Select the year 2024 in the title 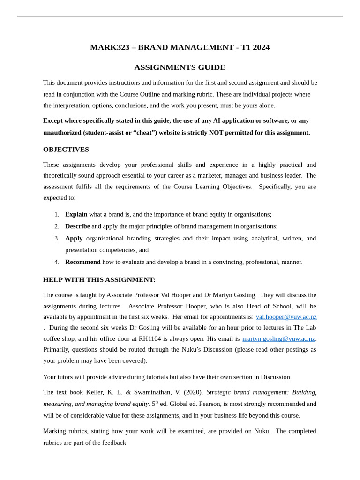260,47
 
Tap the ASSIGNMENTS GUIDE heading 180,67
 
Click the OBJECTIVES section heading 66,150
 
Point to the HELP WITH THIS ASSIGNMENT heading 99,280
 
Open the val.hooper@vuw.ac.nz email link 286,317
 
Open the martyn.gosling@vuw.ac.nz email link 278,338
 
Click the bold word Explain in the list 76,214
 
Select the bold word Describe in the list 77,226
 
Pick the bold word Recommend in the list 82,262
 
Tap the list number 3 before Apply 57,238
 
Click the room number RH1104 150,338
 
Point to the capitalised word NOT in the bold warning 216,133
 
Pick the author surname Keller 97,392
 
